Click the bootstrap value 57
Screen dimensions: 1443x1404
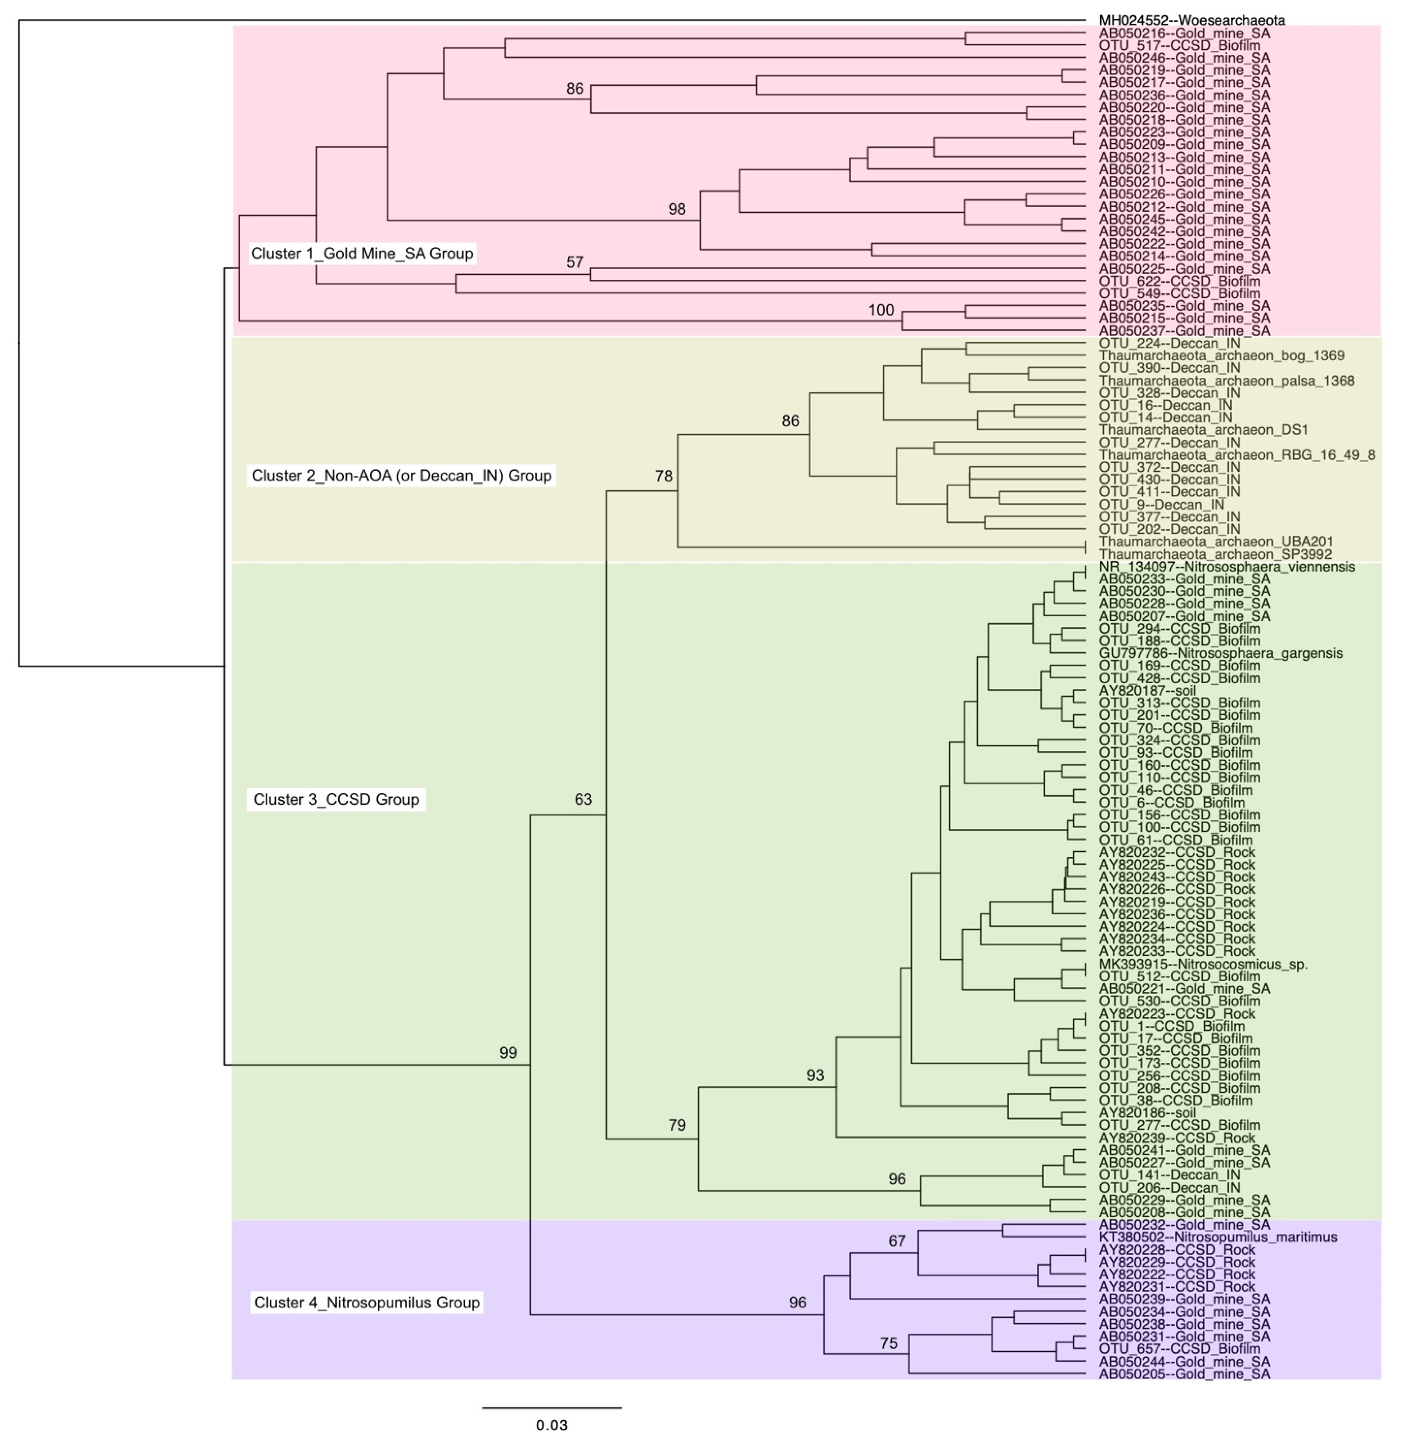point(575,262)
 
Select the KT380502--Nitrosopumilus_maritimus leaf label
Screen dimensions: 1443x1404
point(1217,1237)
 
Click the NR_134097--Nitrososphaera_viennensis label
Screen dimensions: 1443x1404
point(1226,567)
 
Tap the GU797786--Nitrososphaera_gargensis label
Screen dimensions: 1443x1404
point(1220,653)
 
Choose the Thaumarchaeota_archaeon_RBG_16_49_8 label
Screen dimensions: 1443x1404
point(1237,455)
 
